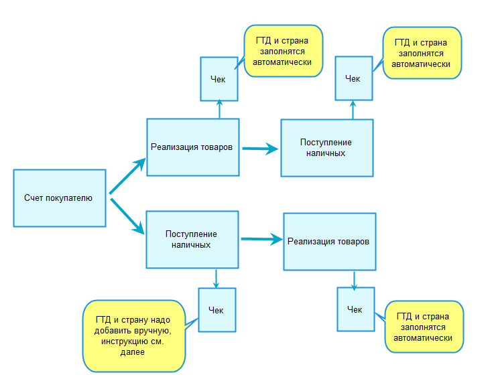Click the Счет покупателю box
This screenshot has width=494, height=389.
pyautogui.click(x=60, y=198)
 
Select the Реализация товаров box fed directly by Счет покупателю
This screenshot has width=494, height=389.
pyautogui.click(x=192, y=147)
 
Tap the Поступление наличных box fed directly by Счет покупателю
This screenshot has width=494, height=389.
pyautogui.click(x=192, y=239)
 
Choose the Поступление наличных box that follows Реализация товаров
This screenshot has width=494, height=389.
pyautogui.click(x=326, y=148)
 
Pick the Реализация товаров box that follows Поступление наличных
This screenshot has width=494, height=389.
pyautogui.click(x=328, y=241)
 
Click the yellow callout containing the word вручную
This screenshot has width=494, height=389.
pyautogui.click(x=133, y=336)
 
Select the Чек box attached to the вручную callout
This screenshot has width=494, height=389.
pyautogui.click(x=217, y=310)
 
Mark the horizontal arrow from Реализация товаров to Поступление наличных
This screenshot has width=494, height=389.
pyautogui.click(x=259, y=149)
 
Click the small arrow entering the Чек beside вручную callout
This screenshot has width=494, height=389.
pyautogui.click(x=216, y=278)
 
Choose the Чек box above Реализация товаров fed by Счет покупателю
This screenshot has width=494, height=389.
pyautogui.click(x=219, y=78)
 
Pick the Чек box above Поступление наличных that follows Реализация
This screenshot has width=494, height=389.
pyautogui.click(x=353, y=78)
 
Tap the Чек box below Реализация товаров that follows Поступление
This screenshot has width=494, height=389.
pyautogui.click(x=355, y=309)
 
